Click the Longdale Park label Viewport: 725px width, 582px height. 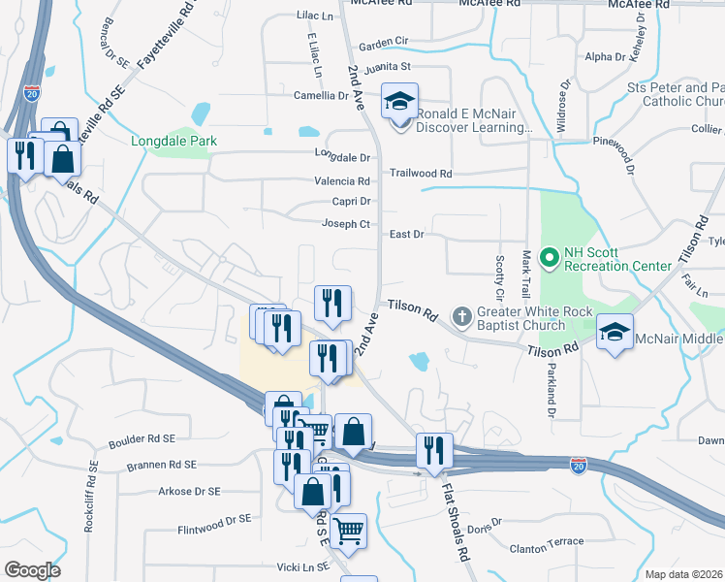pyautogui.click(x=174, y=142)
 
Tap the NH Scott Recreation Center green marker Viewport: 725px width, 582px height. pyautogui.click(x=550, y=258)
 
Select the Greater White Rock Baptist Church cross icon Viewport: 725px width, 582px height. pyautogui.click(x=462, y=316)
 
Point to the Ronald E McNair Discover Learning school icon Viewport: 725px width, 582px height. pyautogui.click(x=398, y=103)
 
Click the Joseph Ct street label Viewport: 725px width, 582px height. pyautogui.click(x=346, y=224)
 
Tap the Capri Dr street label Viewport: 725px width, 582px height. pyautogui.click(x=352, y=202)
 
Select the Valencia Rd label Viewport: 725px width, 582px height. pyautogui.click(x=341, y=180)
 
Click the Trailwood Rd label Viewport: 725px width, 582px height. pyautogui.click(x=421, y=174)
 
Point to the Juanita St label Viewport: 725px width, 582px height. pyautogui.click(x=388, y=67)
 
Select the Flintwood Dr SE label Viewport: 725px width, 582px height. pyautogui.click(x=213, y=520)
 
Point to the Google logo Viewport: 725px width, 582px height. pyautogui.click(x=33, y=570)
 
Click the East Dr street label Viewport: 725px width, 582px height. pyautogui.click(x=407, y=234)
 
